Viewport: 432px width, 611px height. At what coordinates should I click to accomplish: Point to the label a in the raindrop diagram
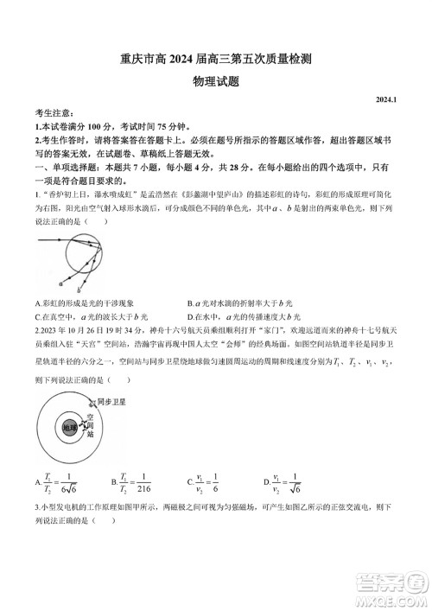61,281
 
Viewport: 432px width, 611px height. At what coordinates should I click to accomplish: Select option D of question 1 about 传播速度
243,317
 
